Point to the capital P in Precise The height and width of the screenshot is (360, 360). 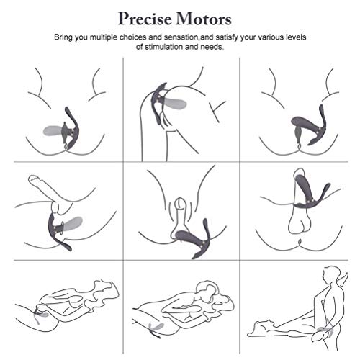coord(125,16)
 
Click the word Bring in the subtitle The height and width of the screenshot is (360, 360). coord(66,35)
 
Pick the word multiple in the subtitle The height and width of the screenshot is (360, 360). coord(109,35)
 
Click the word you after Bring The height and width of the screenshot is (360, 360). coord(86,35)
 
